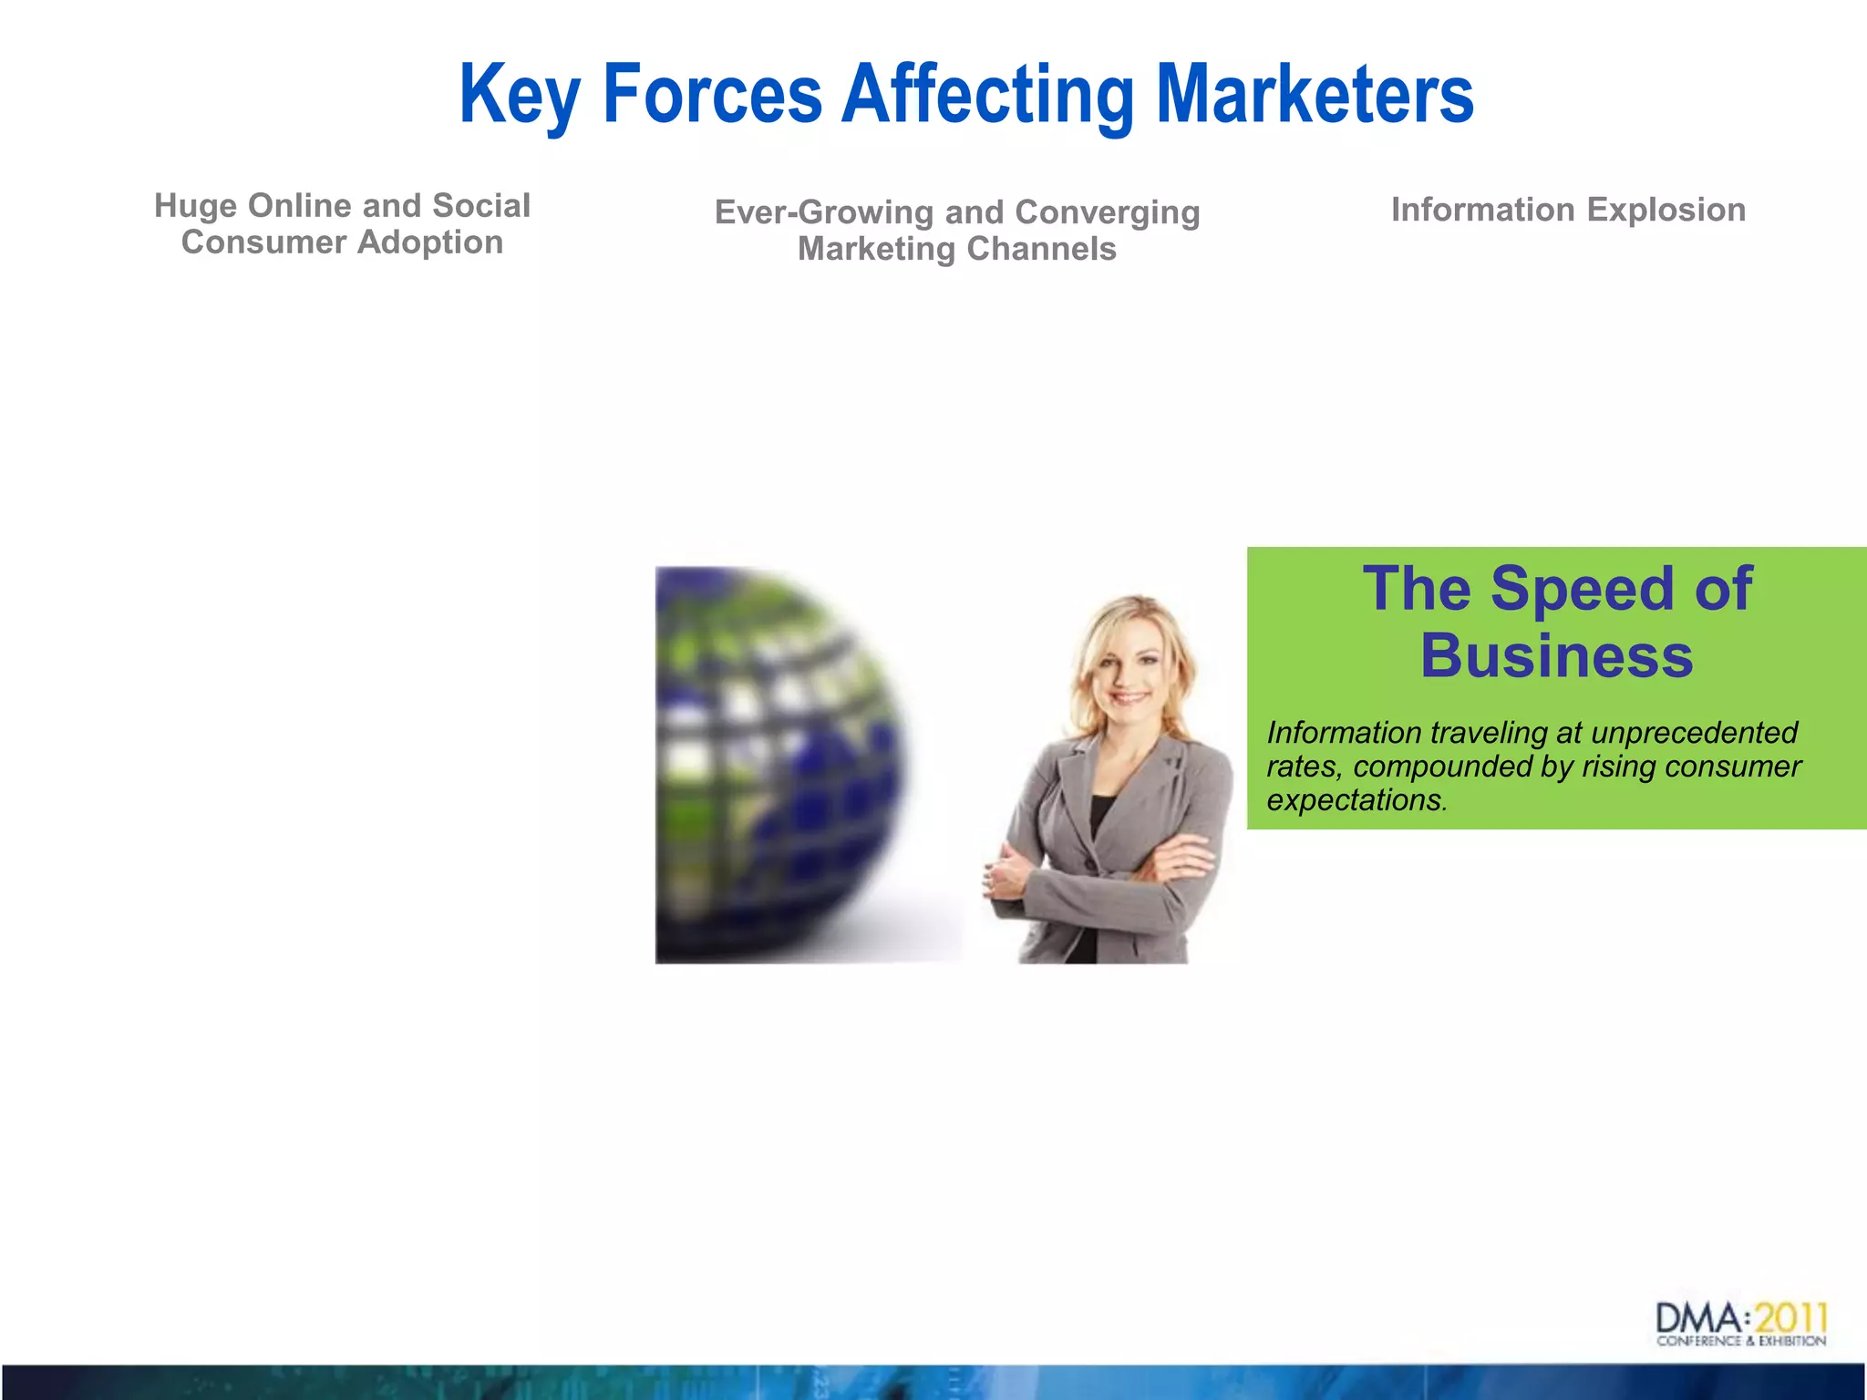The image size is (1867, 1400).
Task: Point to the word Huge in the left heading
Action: [x=195, y=207]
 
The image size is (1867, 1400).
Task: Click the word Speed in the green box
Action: [x=1584, y=589]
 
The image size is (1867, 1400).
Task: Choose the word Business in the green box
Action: [x=1557, y=656]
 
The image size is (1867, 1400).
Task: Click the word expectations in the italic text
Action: [x=1356, y=800]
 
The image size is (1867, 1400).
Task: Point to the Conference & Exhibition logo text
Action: [x=1740, y=1341]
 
